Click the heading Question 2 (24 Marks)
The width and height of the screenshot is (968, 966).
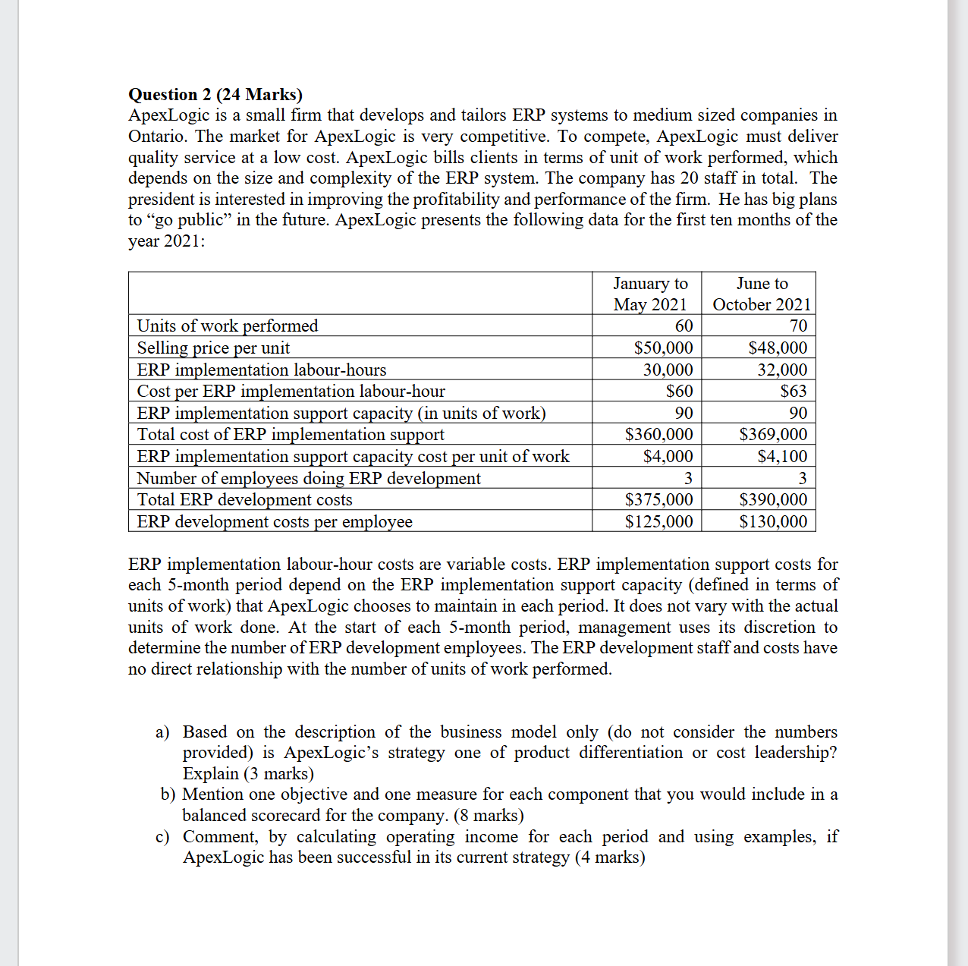click(x=215, y=94)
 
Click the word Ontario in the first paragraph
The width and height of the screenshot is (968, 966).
click(x=157, y=137)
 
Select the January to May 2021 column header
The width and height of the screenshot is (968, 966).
click(x=650, y=294)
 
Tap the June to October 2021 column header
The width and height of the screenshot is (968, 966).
click(x=762, y=294)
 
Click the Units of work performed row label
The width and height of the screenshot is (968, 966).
click(x=227, y=326)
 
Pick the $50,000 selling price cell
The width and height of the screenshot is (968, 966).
click(x=663, y=348)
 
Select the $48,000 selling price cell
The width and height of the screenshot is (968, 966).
click(x=778, y=348)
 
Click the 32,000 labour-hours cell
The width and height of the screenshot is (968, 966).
click(x=782, y=370)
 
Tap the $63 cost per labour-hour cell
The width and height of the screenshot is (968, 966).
click(x=794, y=391)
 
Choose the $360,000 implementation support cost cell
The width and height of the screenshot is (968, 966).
click(x=658, y=434)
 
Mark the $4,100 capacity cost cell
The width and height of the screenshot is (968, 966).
click(x=782, y=456)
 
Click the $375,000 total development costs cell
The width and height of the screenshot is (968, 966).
click(x=658, y=499)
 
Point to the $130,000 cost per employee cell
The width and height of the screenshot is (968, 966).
click(x=773, y=521)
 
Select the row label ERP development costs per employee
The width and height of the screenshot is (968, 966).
click(x=275, y=521)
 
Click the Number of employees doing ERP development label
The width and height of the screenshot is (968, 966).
click(x=308, y=478)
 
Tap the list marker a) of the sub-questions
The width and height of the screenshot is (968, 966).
click(x=162, y=732)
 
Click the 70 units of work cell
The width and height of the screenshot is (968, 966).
click(x=798, y=326)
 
